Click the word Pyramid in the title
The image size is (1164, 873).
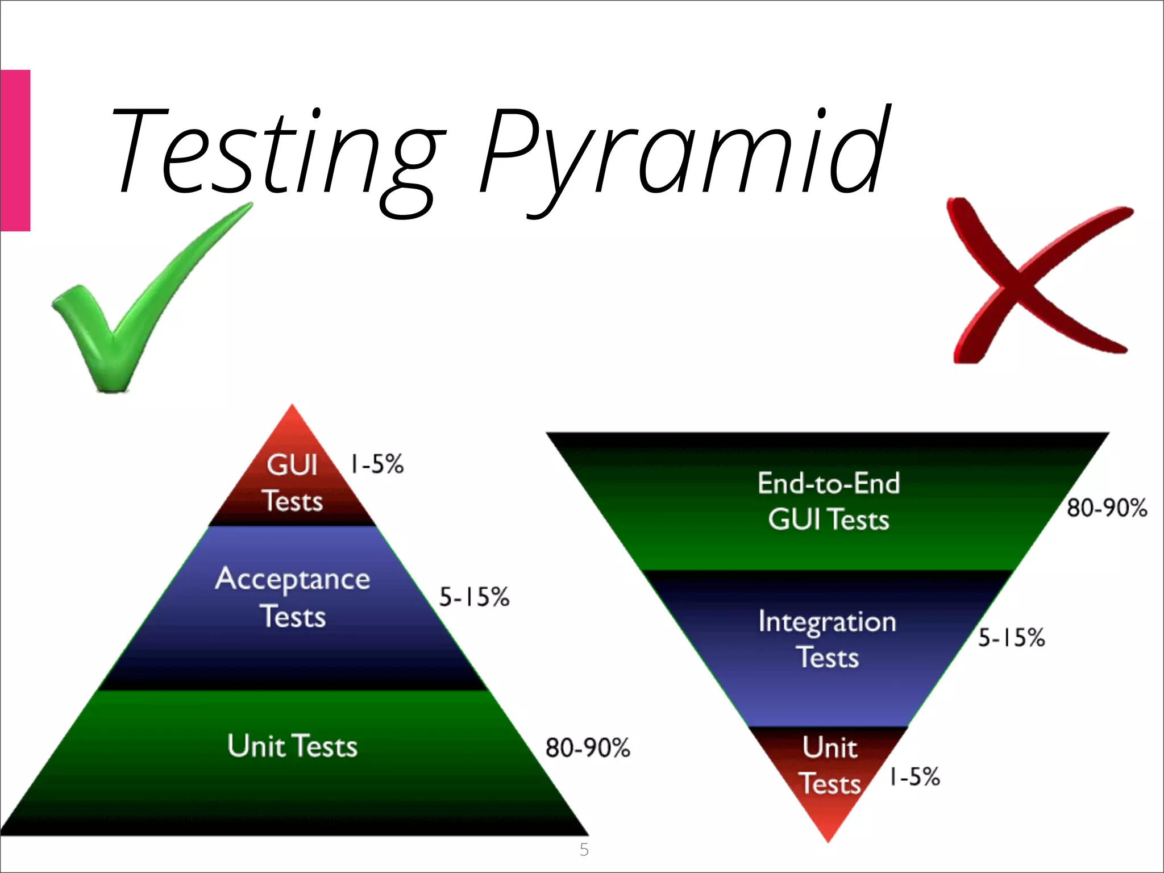[682, 153]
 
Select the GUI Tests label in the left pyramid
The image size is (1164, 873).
[292, 483]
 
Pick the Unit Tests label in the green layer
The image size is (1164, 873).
[292, 746]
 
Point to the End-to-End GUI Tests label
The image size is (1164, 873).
[829, 501]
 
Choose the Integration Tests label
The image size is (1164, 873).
[828, 639]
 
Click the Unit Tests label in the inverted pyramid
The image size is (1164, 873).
[830, 766]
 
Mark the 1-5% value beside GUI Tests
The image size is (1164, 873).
[377, 464]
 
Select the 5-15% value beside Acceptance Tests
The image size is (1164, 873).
[474, 597]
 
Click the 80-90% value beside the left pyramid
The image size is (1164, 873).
[588, 748]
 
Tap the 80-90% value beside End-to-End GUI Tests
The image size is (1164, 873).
[1107, 508]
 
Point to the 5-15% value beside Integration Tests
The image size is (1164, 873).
[1011, 638]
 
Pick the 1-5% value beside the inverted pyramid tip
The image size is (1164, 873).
[914, 776]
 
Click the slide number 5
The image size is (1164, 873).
[584, 850]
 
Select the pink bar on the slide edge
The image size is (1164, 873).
[15, 151]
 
